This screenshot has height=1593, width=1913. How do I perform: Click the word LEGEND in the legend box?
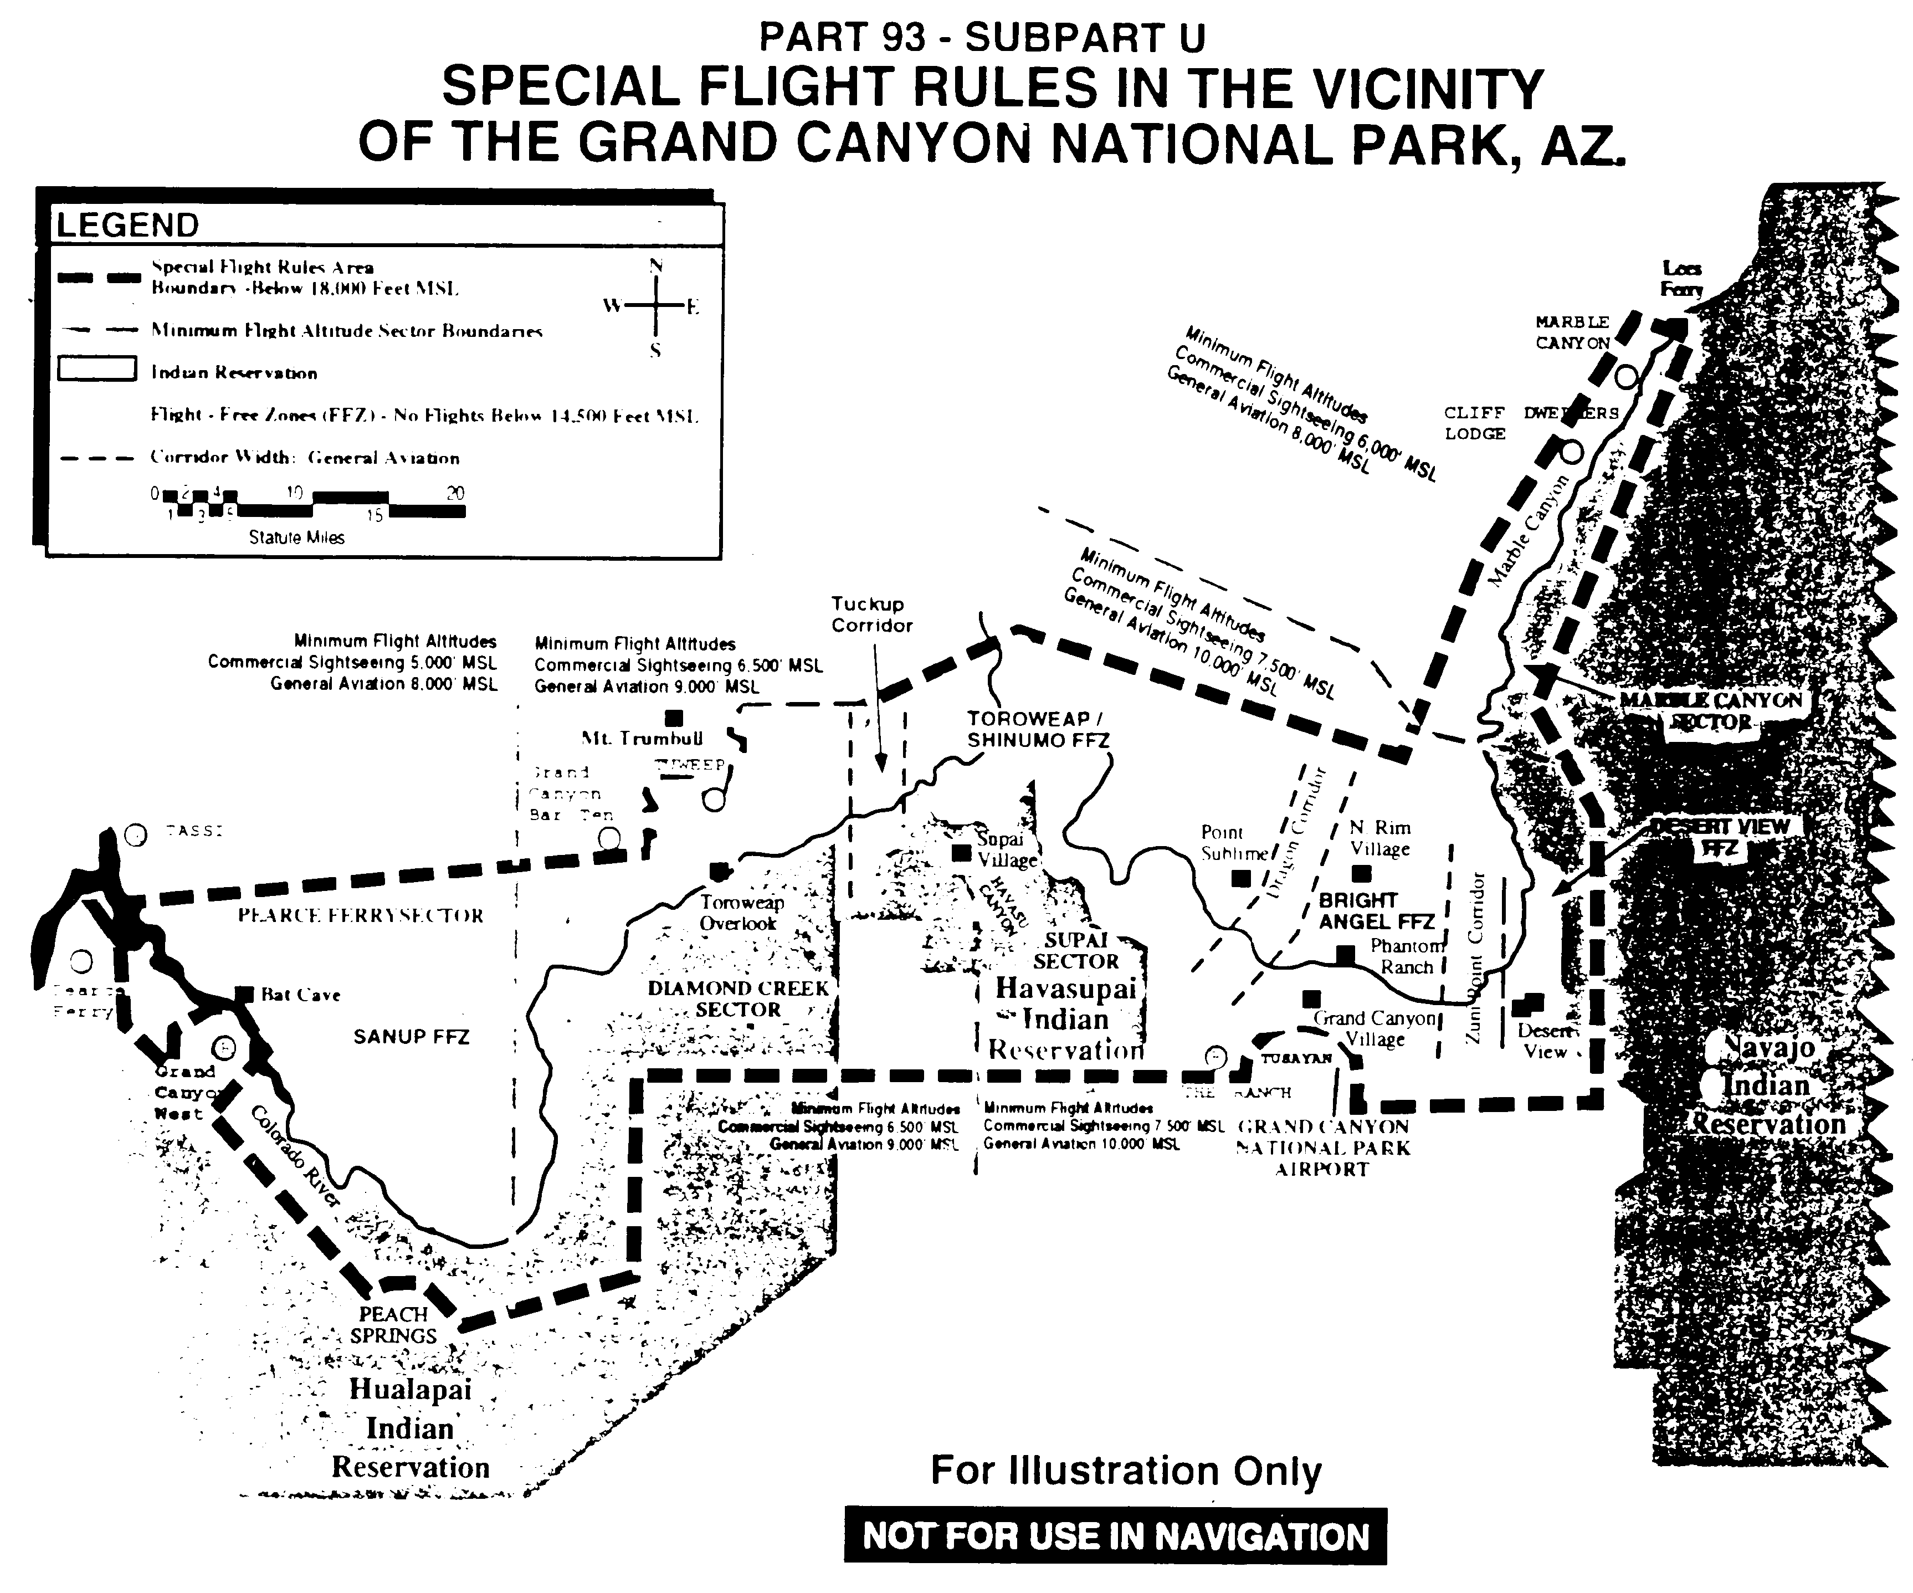(127, 225)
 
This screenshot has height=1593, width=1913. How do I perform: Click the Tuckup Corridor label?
(871, 614)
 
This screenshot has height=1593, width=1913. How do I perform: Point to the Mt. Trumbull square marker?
(674, 718)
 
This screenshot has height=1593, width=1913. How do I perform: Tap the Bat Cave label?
(301, 994)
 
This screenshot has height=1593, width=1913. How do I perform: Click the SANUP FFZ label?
(411, 1036)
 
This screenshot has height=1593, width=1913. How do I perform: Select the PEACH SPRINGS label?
(393, 1325)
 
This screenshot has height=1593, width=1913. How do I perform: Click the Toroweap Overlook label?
(741, 912)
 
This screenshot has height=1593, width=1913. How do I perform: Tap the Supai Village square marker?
(960, 852)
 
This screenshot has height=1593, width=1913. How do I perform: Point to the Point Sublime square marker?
(1240, 879)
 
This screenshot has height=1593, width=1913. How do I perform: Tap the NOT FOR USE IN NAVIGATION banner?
(1115, 1536)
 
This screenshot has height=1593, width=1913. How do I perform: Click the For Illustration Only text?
(1126, 1470)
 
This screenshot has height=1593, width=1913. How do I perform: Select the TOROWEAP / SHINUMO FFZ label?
(1038, 729)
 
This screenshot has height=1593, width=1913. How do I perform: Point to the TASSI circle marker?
(136, 835)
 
